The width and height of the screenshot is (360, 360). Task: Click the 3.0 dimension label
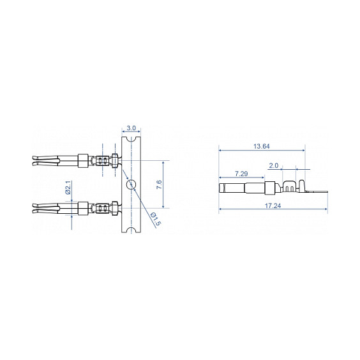(x=131, y=128)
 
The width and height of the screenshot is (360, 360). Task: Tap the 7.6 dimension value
(x=159, y=184)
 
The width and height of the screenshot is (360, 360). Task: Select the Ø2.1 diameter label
(x=68, y=188)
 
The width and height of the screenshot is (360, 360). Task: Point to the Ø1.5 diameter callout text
(x=156, y=219)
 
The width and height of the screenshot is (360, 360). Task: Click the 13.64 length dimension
(x=261, y=146)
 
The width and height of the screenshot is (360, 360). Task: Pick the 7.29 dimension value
(x=241, y=174)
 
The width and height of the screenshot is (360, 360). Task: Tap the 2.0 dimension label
(x=273, y=165)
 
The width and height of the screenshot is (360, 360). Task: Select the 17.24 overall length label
(x=273, y=206)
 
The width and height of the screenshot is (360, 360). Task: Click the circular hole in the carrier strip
(x=131, y=184)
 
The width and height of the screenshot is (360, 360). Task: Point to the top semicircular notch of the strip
(x=131, y=139)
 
